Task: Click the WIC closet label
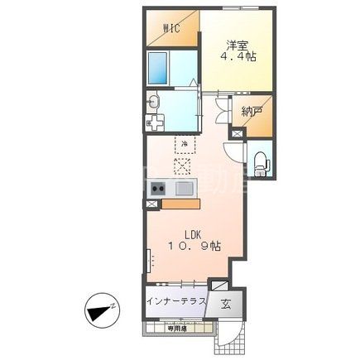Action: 172,27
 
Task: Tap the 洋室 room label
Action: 237,44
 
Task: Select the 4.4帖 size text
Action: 237,57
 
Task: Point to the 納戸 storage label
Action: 252,111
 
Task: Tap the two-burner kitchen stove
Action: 157,189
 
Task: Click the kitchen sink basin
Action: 184,189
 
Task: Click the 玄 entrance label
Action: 226,303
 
